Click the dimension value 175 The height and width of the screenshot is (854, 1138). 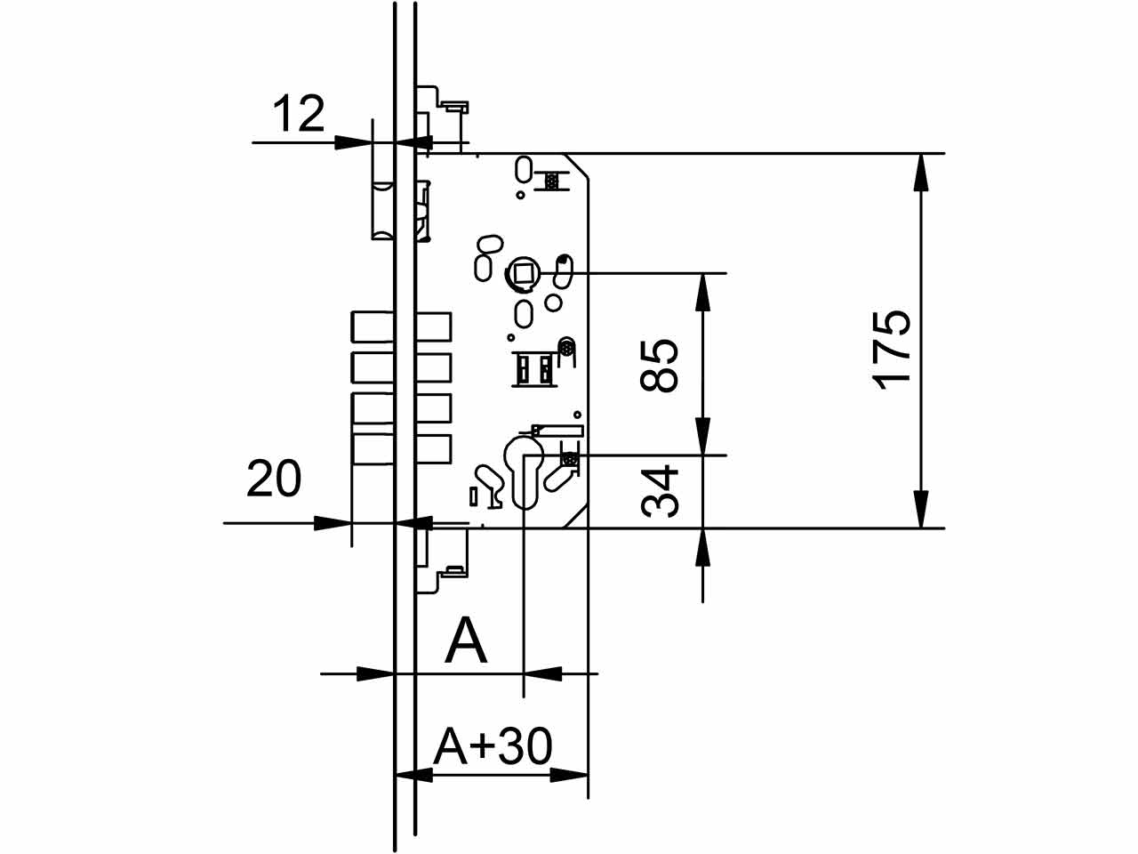tap(892, 349)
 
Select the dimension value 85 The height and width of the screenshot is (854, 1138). tap(661, 365)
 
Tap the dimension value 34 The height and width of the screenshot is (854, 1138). tap(661, 491)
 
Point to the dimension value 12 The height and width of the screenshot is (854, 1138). tap(299, 115)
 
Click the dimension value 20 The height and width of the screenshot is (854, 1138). tap(274, 479)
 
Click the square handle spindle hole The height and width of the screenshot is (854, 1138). tap(523, 272)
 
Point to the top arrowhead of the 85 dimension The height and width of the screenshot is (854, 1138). tap(703, 291)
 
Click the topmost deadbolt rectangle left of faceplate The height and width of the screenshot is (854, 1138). tap(373, 326)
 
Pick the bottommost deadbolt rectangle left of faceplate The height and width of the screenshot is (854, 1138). tap(373, 449)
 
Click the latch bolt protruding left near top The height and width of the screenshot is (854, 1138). tap(382, 210)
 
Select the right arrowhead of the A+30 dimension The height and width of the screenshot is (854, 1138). tap(570, 775)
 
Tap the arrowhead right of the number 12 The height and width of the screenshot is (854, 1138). tap(354, 141)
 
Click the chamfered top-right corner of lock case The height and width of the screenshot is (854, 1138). tap(578, 165)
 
